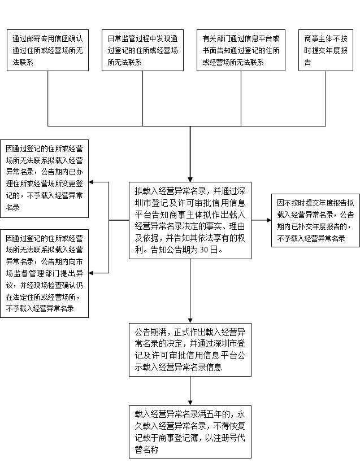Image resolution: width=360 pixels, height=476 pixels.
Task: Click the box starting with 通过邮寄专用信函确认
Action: pyautogui.click(x=48, y=50)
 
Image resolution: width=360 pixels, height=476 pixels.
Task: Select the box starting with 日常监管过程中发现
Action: pyautogui.click(x=144, y=50)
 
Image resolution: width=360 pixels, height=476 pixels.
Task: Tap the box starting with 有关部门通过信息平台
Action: pyautogui.click(x=241, y=50)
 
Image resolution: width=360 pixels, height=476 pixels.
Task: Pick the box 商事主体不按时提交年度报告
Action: pyautogui.click(x=326, y=50)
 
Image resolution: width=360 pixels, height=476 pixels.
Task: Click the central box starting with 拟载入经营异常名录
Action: pyautogui.click(x=190, y=220)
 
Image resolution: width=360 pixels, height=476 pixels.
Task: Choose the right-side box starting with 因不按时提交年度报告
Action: pyautogui.click(x=315, y=220)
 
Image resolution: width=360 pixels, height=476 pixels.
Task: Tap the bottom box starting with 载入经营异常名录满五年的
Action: pyautogui.click(x=190, y=431)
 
